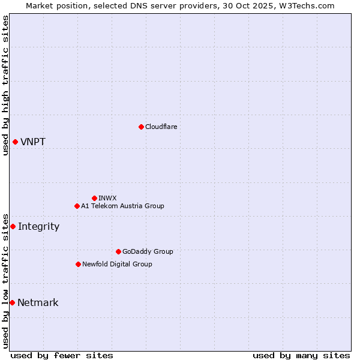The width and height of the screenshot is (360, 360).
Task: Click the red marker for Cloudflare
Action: (141, 127)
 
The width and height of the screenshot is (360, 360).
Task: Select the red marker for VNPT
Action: (15, 142)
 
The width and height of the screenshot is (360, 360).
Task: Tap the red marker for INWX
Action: (94, 198)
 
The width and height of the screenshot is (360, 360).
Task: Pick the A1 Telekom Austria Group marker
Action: (77, 206)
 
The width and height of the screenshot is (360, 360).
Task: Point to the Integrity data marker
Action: (13, 226)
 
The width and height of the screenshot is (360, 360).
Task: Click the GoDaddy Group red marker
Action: (118, 251)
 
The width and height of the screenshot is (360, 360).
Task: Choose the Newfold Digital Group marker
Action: (78, 264)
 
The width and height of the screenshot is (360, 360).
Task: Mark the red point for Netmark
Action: (12, 302)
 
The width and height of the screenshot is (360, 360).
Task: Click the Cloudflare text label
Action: (161, 127)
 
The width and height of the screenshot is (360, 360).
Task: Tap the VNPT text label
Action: (33, 142)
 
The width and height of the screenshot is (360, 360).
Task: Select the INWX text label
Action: (107, 198)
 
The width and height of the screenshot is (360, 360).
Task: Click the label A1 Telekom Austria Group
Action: (122, 206)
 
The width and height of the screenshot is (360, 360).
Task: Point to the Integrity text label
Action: (38, 227)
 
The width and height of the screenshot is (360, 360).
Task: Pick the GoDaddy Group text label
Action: (148, 251)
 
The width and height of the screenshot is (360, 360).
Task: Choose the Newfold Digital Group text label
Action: (117, 264)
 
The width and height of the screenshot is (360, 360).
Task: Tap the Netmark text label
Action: (38, 303)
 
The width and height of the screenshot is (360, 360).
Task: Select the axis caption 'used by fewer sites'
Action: (62, 355)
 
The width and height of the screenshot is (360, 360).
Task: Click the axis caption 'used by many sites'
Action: (301, 355)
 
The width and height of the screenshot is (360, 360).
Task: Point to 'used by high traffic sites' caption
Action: (5, 85)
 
